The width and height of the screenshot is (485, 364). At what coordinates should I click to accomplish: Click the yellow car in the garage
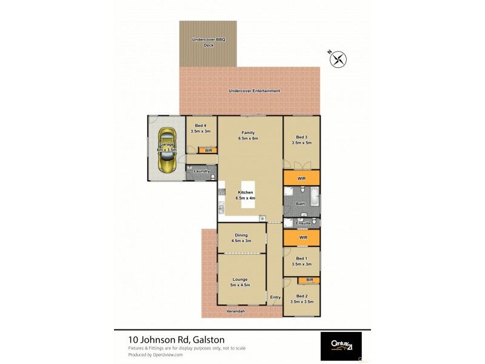tap(166, 149)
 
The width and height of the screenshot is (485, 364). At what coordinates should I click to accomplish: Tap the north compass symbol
tap(338, 59)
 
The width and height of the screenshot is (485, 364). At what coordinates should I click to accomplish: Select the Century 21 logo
tap(341, 346)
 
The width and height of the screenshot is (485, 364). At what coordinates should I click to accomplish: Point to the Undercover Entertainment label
tap(254, 91)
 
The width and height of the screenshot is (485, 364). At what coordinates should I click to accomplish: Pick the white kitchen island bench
tap(248, 195)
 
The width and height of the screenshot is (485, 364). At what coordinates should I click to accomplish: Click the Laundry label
tap(201, 171)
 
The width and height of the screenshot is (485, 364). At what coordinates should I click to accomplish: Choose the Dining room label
tap(240, 238)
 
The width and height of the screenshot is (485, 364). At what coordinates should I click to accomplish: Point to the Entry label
tap(275, 297)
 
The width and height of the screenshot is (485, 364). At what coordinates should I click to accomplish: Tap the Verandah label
tap(235, 311)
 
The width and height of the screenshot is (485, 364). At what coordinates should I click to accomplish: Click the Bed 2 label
tap(301, 298)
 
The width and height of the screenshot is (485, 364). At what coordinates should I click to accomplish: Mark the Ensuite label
tap(303, 223)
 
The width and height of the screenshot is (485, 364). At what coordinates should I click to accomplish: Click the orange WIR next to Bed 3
tap(301, 178)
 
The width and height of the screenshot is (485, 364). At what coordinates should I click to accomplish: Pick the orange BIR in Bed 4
tap(208, 150)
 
